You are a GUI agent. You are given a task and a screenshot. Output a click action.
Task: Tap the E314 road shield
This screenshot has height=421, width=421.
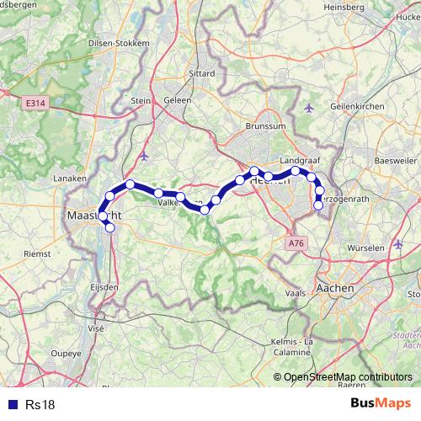(x=35, y=103)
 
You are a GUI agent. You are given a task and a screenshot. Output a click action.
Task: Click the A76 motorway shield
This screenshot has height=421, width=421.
(x=295, y=242)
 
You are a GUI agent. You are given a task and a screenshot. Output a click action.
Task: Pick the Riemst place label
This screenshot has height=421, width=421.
(x=37, y=253)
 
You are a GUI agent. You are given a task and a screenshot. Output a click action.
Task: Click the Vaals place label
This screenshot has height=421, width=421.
(x=295, y=293)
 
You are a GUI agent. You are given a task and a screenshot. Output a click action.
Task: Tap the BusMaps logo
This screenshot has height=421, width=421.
(x=381, y=403)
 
